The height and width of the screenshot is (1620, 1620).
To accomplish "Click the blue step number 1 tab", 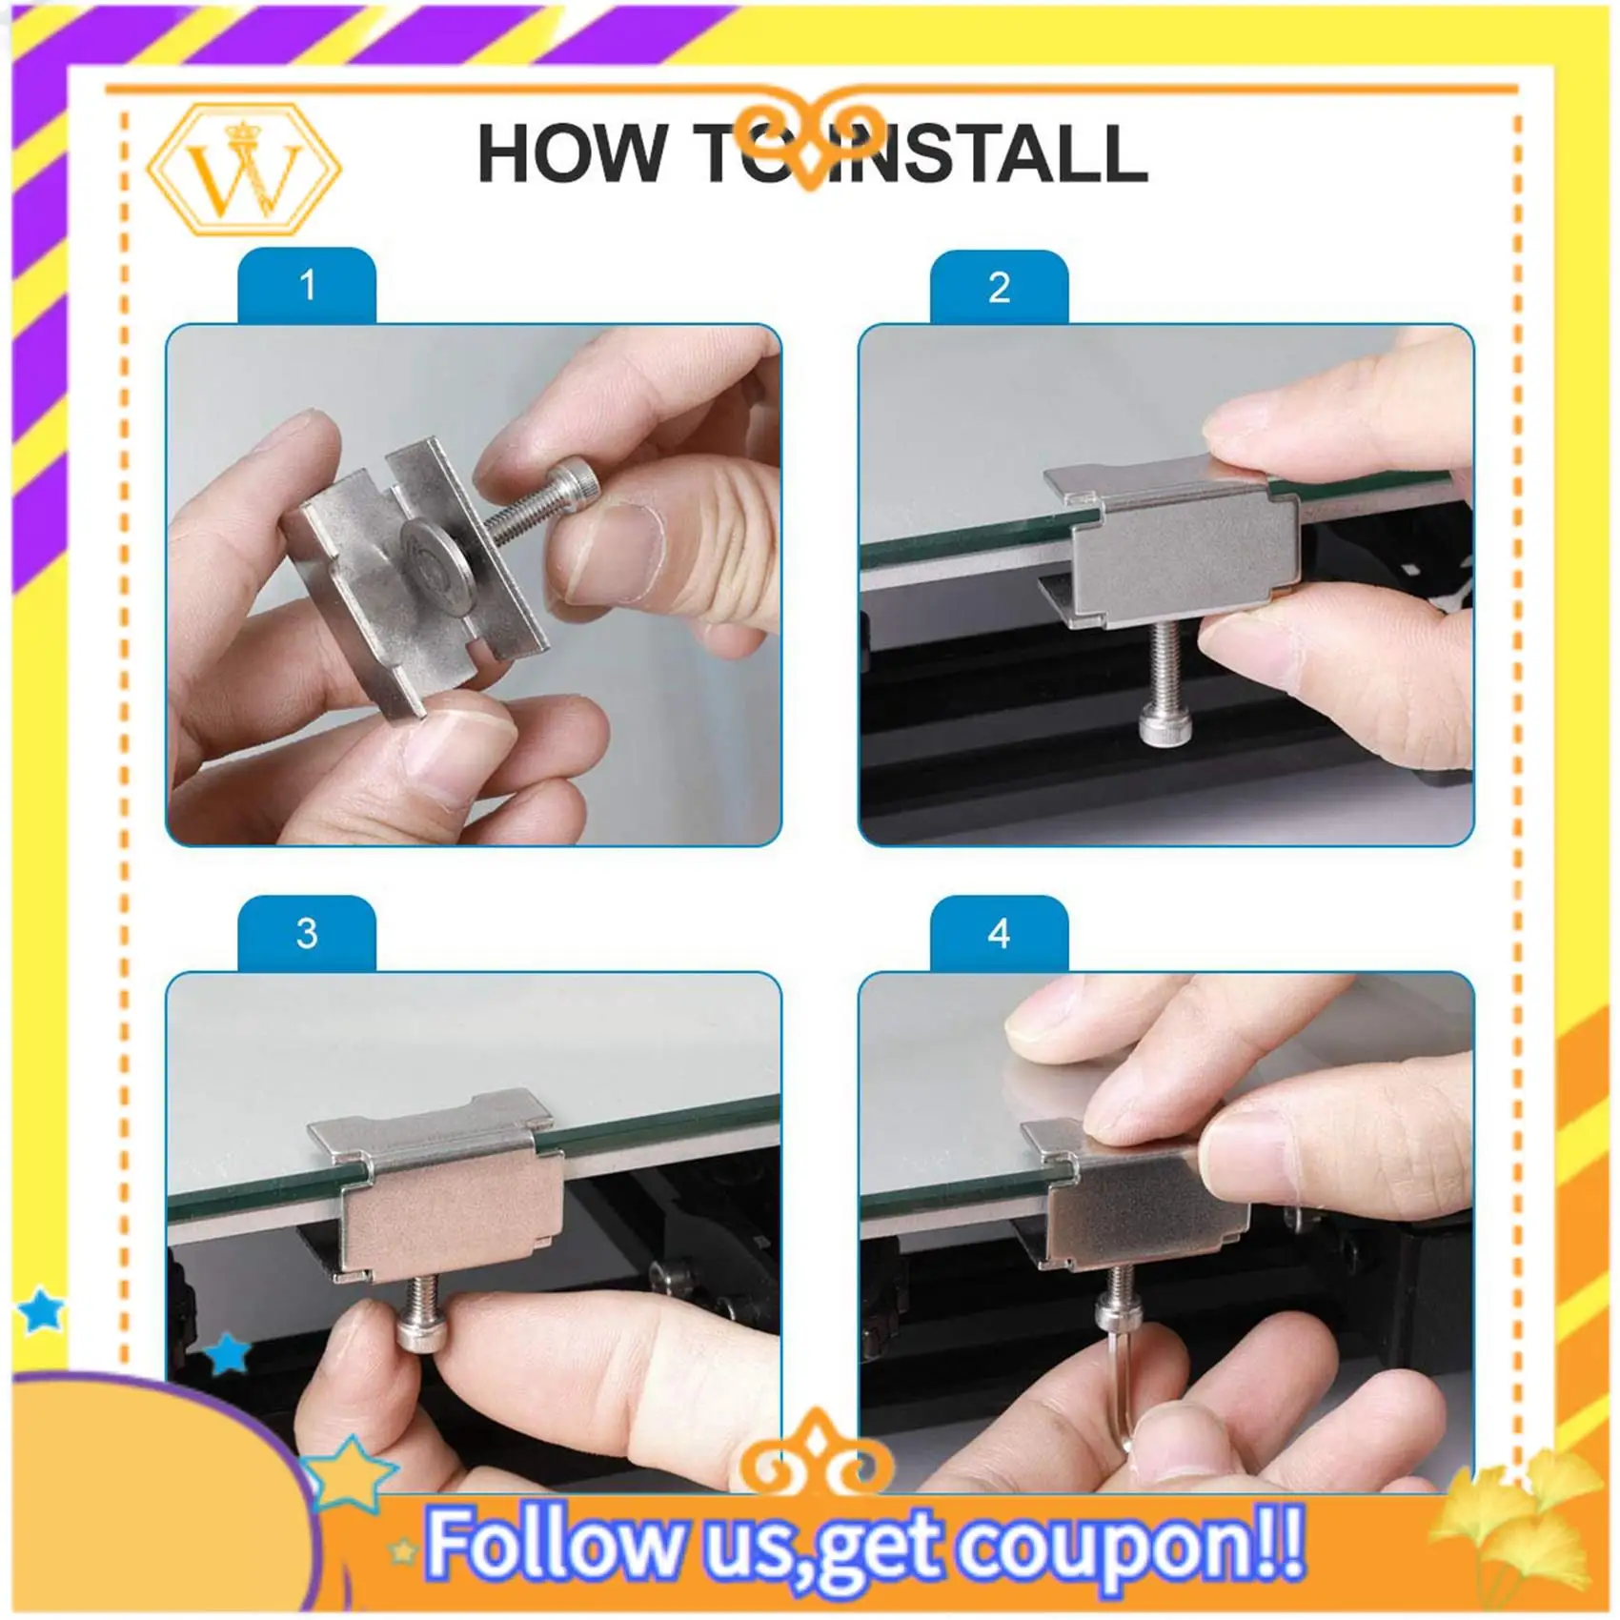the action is point(307,285).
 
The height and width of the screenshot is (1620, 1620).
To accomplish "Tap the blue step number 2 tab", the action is point(999,287).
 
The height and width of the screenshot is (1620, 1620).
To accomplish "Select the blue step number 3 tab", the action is point(307,933).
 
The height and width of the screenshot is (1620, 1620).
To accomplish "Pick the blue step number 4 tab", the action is point(999,933).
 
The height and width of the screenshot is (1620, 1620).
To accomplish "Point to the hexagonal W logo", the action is point(245,170).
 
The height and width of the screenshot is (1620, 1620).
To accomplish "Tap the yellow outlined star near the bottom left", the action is point(348,1473).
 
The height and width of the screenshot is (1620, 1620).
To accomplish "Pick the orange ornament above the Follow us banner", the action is point(817,1454).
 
